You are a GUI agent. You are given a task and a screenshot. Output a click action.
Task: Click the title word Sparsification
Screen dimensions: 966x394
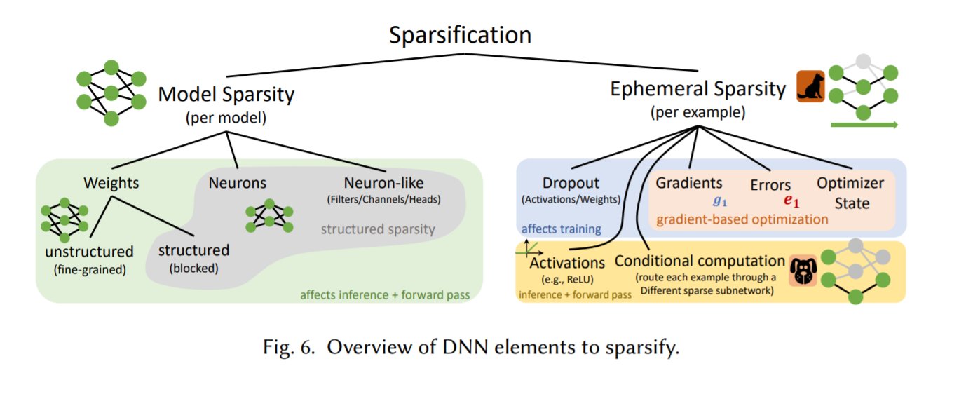tap(460, 35)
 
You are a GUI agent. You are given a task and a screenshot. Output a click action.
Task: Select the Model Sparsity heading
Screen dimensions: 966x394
tap(226, 95)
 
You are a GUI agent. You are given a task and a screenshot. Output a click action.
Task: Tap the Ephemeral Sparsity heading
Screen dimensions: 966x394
tap(698, 90)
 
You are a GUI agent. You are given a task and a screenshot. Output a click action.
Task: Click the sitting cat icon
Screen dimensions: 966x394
tap(810, 86)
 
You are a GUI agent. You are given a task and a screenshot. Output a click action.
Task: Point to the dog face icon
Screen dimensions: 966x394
tap(803, 271)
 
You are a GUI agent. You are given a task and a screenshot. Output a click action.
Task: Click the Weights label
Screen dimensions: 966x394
tap(111, 183)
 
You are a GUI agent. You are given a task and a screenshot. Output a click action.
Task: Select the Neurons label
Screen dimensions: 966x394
tap(237, 183)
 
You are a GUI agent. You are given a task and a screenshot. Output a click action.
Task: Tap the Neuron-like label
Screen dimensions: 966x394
tap(384, 183)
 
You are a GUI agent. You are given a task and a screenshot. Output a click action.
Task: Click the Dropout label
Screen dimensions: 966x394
tap(571, 183)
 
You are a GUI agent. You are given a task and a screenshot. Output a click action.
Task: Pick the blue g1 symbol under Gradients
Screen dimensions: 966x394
tap(720, 201)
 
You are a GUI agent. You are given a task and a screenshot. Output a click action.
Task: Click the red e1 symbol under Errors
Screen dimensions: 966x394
tap(791, 201)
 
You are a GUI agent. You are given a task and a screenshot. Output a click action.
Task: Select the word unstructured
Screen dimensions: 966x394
tap(89, 251)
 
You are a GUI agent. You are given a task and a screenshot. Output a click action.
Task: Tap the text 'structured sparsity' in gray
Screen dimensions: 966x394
tap(378, 229)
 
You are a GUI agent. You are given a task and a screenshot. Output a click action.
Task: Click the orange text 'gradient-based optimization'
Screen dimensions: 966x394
tap(742, 219)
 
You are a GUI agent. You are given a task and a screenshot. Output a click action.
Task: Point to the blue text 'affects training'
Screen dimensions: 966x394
tap(561, 229)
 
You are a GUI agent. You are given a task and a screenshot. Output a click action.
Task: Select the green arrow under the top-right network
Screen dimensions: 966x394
tap(864, 125)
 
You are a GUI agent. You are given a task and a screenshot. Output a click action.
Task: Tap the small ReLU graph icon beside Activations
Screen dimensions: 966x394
tap(529, 248)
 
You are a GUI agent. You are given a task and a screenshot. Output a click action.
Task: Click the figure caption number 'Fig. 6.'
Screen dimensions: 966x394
tap(289, 347)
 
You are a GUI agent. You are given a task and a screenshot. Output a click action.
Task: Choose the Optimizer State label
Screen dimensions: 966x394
tap(850, 193)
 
